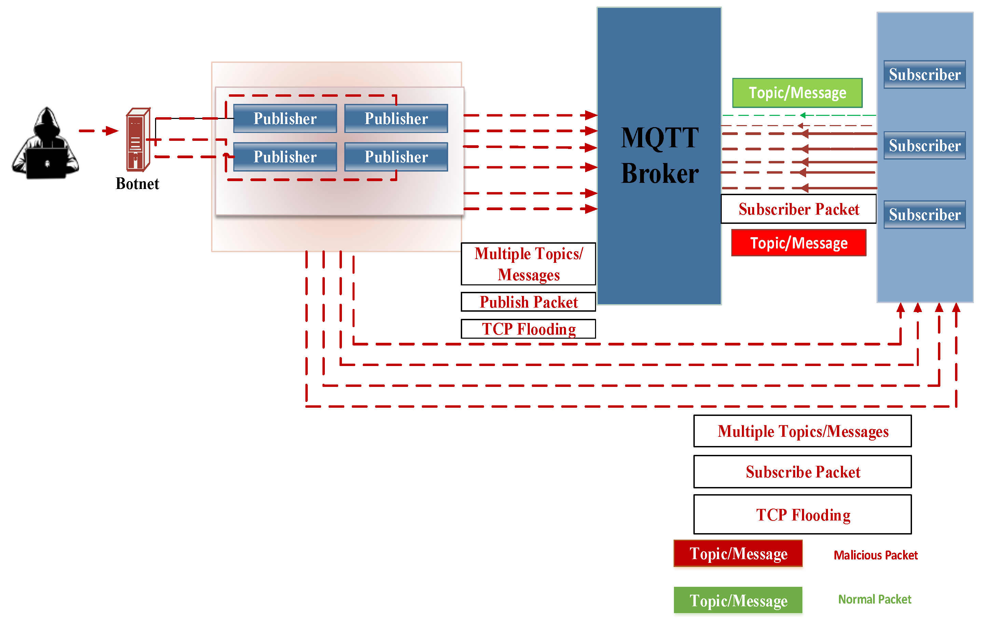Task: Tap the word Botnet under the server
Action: pos(137,184)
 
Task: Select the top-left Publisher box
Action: pos(285,119)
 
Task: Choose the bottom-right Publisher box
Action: pos(396,157)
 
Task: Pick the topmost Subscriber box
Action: pos(924,75)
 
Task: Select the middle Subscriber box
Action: pos(924,146)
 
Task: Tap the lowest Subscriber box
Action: pos(924,215)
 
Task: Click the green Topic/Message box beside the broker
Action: pos(797,93)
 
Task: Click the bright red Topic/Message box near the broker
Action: pos(799,243)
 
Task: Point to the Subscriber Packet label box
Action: pos(799,209)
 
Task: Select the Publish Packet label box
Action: pos(528,302)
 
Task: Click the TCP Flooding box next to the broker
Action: pos(528,329)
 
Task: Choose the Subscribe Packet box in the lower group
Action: pos(803,472)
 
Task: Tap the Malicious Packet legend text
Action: pos(875,555)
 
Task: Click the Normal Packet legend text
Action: pos(874,599)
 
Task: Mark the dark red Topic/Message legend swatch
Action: pos(738,554)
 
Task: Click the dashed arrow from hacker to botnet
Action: pos(98,131)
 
